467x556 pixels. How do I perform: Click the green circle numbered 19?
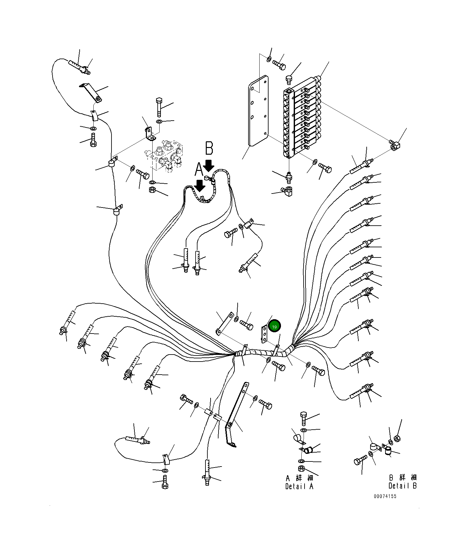[x=274, y=326]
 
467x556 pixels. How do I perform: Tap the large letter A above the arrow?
[x=198, y=170]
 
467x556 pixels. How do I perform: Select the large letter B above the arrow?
[x=209, y=148]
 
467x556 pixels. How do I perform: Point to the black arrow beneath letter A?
[x=200, y=186]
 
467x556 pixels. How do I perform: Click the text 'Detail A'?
[x=299, y=486]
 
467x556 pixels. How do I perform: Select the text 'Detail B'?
[x=402, y=486]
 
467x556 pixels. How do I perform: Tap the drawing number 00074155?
[x=385, y=496]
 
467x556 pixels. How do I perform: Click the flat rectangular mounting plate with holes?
[x=258, y=111]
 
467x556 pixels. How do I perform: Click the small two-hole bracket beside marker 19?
[x=264, y=334]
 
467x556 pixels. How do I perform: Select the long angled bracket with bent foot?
[x=236, y=414]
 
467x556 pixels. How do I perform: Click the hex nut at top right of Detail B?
[x=397, y=439]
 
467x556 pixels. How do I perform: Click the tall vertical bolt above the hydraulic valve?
[x=159, y=107]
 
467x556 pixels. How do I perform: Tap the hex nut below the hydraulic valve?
[x=152, y=190]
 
